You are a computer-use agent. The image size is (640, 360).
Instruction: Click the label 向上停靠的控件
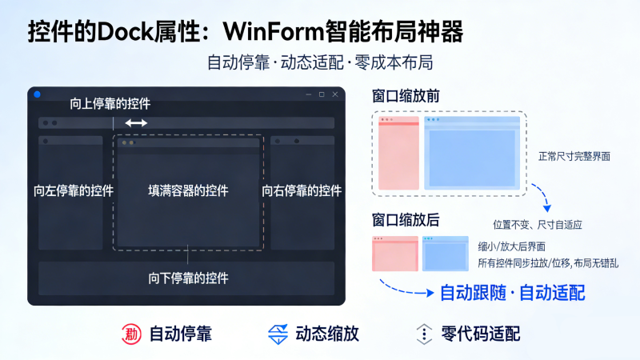pyautogui.click(x=110, y=103)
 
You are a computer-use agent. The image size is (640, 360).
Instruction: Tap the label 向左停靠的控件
pyautogui.click(x=74, y=191)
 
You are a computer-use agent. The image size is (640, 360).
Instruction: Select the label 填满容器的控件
pyautogui.click(x=188, y=191)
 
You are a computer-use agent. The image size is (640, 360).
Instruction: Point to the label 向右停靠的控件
pyautogui.click(x=302, y=191)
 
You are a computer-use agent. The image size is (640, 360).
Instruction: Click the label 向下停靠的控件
pyautogui.click(x=188, y=278)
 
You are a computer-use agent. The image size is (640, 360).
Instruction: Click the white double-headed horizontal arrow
pyautogui.click(x=136, y=122)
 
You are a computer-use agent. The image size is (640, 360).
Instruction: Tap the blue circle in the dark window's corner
pyautogui.click(x=37, y=94)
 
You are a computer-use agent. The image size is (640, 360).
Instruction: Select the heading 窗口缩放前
pyautogui.click(x=405, y=96)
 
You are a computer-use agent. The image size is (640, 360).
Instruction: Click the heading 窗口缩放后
pyautogui.click(x=405, y=219)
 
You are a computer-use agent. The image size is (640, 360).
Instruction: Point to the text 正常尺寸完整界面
pyautogui.click(x=574, y=157)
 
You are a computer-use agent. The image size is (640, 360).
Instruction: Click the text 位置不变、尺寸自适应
pyautogui.click(x=538, y=226)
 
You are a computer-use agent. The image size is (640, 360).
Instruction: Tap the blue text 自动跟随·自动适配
pyautogui.click(x=512, y=293)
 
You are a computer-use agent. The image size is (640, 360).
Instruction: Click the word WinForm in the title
pyautogui.click(x=271, y=32)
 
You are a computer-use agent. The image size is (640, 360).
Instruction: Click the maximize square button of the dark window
pyautogui.click(x=322, y=94)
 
